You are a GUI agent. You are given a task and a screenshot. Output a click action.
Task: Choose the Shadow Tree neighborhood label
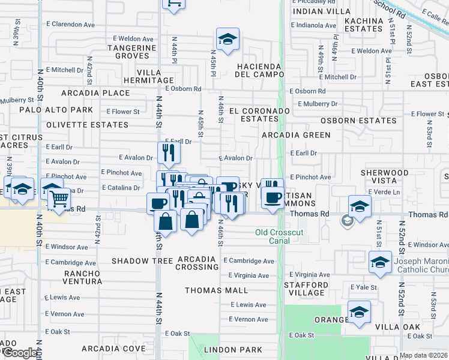coord(142,260)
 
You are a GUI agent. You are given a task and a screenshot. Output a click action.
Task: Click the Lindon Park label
coord(233,349)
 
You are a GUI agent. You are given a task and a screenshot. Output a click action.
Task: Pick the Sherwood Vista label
coord(384,176)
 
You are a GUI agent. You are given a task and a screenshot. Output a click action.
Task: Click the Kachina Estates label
coord(364,25)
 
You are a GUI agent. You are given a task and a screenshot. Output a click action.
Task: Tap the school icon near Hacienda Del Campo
coord(228,40)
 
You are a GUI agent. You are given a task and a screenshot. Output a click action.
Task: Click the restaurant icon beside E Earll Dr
coord(169,154)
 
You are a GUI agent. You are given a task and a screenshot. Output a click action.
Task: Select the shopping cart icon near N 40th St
coord(59,199)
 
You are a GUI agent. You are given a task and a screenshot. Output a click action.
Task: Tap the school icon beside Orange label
coord(359,313)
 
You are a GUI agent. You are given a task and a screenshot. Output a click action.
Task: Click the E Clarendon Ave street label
coord(70,25)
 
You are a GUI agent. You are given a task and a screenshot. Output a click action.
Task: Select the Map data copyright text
coord(423,355)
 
